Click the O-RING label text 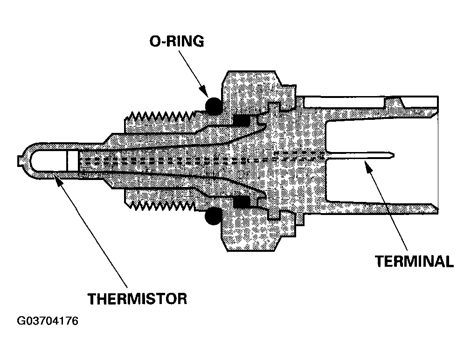coord(176,41)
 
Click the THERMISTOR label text coord(137,298)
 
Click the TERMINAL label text coord(414,261)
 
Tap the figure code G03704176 coord(48,321)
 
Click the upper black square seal coord(242,121)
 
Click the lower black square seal coord(242,201)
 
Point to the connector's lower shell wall coord(382,208)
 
